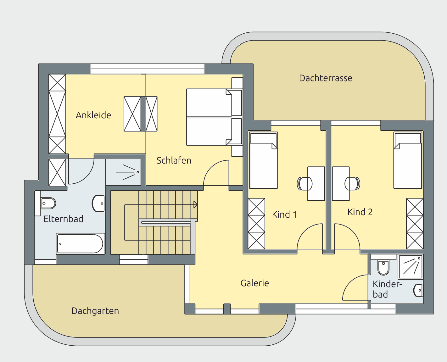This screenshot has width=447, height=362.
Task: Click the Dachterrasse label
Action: point(326,78)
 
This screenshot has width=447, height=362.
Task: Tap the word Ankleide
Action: point(93,115)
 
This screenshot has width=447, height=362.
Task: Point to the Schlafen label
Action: point(174,160)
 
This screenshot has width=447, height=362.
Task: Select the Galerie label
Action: point(254,283)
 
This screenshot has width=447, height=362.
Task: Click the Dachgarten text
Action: point(95,311)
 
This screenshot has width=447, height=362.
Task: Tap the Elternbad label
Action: point(63,219)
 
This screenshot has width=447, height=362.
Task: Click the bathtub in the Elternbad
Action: point(81,244)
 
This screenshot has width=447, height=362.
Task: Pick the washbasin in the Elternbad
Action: point(99,203)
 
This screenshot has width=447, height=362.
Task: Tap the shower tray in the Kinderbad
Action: point(411,267)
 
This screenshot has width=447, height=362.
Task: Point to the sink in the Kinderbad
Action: point(418,290)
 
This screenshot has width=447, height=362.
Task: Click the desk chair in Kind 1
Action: point(305,184)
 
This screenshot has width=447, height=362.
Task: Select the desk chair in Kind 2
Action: point(352,184)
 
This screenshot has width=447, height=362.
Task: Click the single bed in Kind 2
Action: point(408,160)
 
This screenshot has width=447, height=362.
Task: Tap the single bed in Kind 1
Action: point(264,160)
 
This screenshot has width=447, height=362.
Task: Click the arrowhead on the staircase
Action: point(195,205)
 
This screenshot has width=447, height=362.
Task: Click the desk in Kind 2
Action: point(341,184)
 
